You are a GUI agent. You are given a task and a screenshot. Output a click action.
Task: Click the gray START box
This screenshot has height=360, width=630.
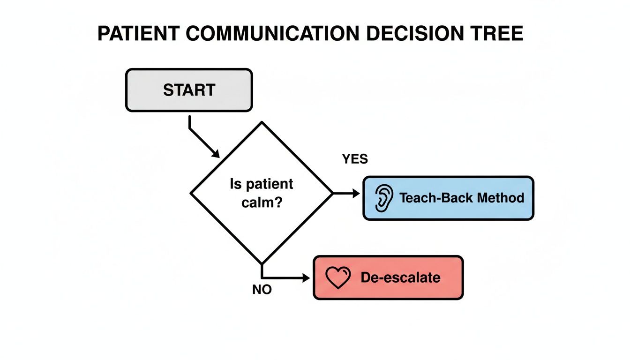(189, 90)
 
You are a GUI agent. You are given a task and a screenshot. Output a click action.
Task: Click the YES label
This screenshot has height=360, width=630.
(355, 159)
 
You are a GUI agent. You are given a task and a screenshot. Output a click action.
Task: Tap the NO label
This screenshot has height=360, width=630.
(262, 290)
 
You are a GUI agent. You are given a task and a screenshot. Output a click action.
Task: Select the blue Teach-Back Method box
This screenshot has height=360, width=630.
(448, 198)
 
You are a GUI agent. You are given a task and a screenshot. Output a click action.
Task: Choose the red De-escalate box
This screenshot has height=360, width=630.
(388, 277)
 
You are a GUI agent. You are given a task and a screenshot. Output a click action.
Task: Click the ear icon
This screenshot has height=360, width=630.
(383, 198)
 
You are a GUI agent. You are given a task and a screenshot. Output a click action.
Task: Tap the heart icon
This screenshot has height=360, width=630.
(338, 278)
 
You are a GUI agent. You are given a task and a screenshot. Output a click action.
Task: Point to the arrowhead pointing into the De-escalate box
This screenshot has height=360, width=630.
(307, 278)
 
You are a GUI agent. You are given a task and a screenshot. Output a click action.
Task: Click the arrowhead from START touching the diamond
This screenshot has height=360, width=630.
(216, 154)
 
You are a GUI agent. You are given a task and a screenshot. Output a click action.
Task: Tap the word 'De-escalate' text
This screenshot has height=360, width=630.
(400, 277)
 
